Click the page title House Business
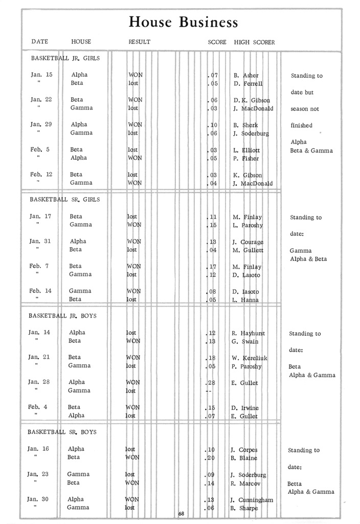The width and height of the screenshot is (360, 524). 183,22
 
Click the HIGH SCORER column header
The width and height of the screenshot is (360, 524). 254,42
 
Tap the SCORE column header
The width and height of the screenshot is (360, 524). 217,42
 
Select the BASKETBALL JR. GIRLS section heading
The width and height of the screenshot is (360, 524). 65,58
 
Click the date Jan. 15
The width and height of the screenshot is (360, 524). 41,75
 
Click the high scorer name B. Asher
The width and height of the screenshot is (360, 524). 246,75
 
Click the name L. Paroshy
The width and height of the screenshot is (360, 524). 247,225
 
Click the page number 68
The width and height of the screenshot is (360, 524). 181,513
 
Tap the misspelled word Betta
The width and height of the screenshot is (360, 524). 294,484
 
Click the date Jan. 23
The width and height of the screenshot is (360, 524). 38,474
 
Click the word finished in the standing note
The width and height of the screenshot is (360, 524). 301,125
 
